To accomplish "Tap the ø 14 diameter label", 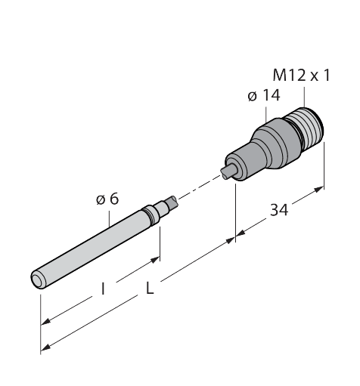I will [262, 97].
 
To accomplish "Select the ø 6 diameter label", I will [107, 199].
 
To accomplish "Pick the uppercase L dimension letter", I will [149, 292].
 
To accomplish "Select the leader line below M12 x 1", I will [303, 95].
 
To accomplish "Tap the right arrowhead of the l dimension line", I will [157, 260].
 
